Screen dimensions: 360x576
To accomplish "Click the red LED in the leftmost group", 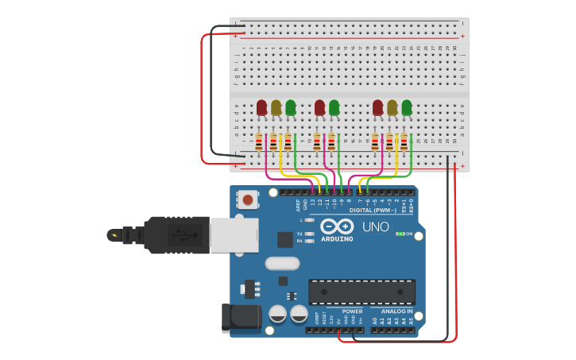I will [261, 107].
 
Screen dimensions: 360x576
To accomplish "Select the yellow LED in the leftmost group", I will [276, 107].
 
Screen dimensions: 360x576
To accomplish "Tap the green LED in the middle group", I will [334, 107].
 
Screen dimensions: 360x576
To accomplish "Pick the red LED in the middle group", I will [319, 107].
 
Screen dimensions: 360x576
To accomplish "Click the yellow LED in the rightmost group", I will [392, 107].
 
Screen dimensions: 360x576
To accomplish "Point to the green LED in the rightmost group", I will [407, 107].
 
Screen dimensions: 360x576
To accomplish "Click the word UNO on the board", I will [375, 227].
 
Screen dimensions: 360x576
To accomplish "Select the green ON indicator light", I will [400, 234].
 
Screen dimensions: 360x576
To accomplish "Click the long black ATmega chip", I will [361, 292].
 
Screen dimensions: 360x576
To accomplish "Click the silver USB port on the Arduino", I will [234, 235].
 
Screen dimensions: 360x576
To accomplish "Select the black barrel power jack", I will [242, 316].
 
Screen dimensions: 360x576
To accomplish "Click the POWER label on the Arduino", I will [352, 312].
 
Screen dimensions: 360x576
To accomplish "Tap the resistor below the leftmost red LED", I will [259, 142].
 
